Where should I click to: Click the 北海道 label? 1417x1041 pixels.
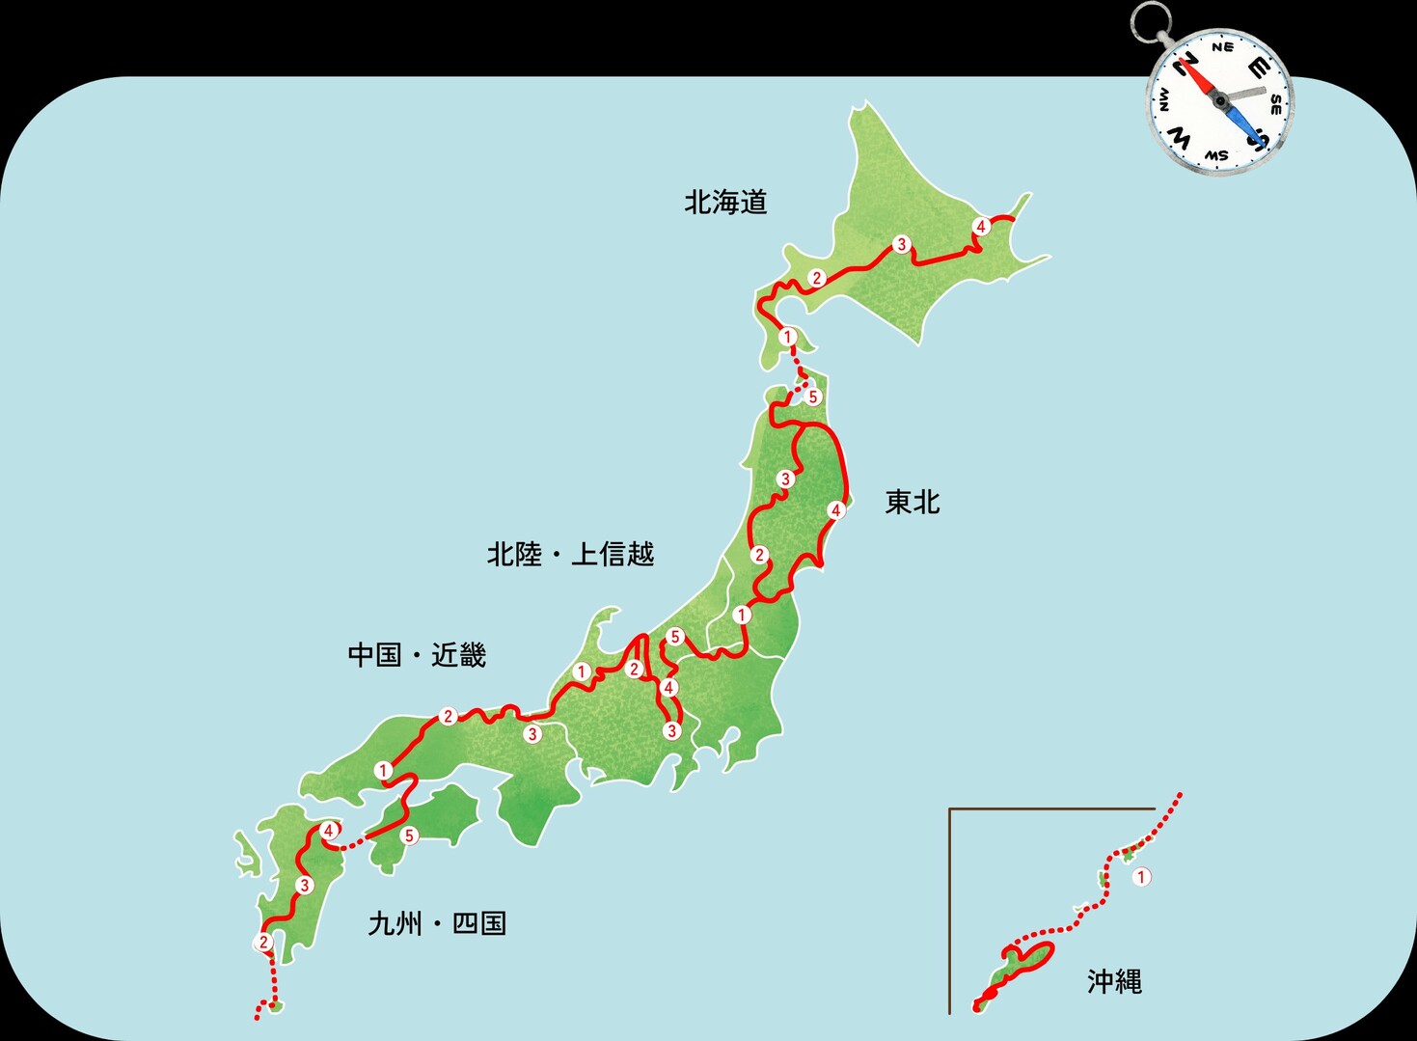(725, 203)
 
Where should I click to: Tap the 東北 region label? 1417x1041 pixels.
(912, 503)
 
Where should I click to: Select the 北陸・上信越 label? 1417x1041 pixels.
(570, 555)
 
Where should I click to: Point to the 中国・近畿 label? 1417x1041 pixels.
(417, 656)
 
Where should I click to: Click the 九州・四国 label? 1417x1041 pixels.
(437, 924)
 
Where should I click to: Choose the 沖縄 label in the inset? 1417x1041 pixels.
(1114, 982)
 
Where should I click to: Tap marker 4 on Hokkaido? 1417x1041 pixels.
(981, 227)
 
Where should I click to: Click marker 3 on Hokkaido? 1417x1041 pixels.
(902, 244)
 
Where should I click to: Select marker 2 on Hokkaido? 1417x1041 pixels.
(817, 279)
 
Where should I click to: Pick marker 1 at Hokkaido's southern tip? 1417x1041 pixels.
(788, 337)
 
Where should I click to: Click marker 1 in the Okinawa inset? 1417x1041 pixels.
(1141, 877)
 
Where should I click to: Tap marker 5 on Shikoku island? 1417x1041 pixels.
(410, 836)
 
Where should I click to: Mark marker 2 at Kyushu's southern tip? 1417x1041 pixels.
(264, 943)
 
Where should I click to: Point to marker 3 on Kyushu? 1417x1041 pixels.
(305, 886)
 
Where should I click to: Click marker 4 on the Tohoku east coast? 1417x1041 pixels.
(836, 509)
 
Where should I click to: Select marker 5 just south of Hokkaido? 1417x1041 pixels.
(812, 397)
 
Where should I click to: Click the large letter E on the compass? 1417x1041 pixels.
(1258, 68)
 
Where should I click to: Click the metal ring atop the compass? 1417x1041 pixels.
(1151, 22)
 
